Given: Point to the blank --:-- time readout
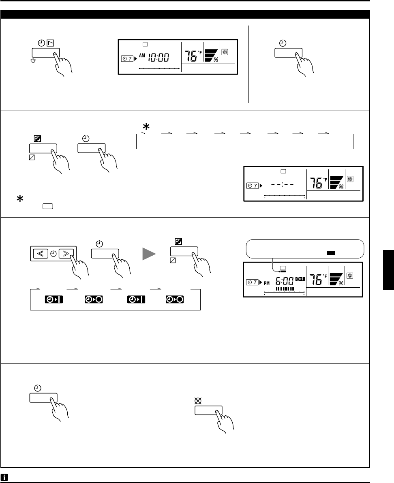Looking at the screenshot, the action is point(283,185).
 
